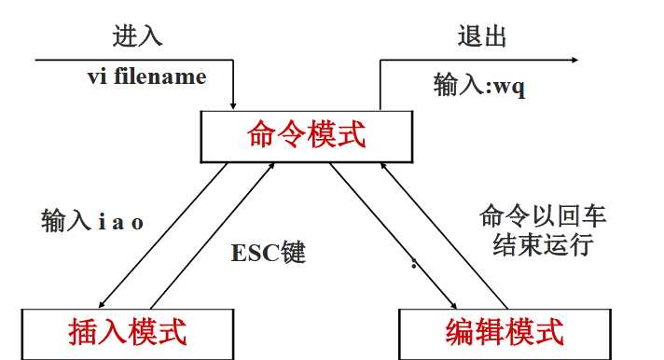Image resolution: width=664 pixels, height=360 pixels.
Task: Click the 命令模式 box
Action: [307, 135]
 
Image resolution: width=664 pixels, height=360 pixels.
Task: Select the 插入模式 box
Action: [128, 331]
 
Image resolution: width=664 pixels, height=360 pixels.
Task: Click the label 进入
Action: [137, 36]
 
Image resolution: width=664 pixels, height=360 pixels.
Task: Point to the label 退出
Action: [482, 36]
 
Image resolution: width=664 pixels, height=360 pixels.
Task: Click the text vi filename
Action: [146, 76]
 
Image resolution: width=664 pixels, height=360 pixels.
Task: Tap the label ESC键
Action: [269, 253]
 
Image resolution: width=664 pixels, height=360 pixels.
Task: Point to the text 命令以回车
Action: [543, 217]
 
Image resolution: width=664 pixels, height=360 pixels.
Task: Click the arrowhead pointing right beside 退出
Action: [572, 61]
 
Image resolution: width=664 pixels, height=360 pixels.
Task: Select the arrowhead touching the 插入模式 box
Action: [101, 304]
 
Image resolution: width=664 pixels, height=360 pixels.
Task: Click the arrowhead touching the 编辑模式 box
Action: [453, 304]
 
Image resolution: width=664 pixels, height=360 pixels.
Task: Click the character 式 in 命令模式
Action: [352, 135]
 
